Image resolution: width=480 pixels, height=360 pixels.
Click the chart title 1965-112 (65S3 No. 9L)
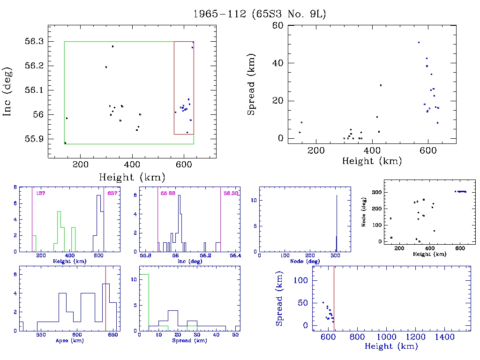[259, 14]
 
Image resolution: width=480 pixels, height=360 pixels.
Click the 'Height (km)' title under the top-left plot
[131, 177]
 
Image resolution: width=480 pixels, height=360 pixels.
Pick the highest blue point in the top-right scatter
[419, 42]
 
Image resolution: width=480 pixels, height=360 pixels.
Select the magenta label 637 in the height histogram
[112, 193]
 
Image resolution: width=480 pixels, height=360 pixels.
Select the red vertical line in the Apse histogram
[106, 300]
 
